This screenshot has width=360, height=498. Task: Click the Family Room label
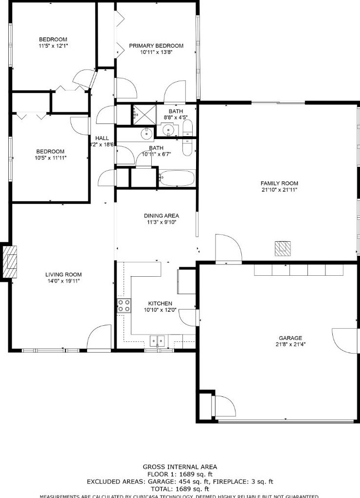point(279,183)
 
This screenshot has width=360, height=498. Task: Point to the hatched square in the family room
point(283,249)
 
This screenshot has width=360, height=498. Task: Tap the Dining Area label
point(162,215)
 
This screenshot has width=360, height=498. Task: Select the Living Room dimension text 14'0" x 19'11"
point(63,281)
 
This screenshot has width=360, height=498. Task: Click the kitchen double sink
point(157,340)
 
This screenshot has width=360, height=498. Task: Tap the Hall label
point(102,138)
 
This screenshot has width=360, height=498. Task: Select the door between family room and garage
point(228,249)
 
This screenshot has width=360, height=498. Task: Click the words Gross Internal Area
point(180,467)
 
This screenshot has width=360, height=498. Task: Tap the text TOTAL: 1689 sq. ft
point(180,489)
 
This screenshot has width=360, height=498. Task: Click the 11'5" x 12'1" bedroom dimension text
point(53,46)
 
